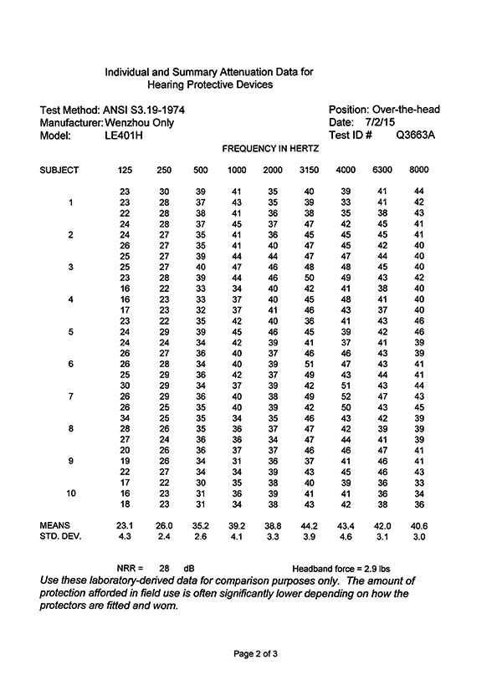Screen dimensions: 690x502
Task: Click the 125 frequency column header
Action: click(x=125, y=171)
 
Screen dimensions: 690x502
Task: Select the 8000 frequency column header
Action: click(x=418, y=171)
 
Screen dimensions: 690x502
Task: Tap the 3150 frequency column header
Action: click(x=309, y=171)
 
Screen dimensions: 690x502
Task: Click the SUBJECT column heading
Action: click(x=59, y=171)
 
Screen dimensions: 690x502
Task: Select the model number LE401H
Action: click(x=124, y=135)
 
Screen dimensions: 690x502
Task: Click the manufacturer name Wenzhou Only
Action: click(x=136, y=122)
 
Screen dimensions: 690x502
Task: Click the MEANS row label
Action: click(x=55, y=525)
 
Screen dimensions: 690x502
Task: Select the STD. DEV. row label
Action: click(x=61, y=537)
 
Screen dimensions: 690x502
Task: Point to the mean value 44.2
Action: click(x=309, y=525)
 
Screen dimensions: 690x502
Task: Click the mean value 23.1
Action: click(x=125, y=525)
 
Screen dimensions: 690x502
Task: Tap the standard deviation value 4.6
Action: click(x=346, y=537)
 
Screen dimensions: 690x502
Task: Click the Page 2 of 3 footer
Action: click(x=250, y=653)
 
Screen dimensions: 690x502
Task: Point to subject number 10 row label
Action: click(x=71, y=493)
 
